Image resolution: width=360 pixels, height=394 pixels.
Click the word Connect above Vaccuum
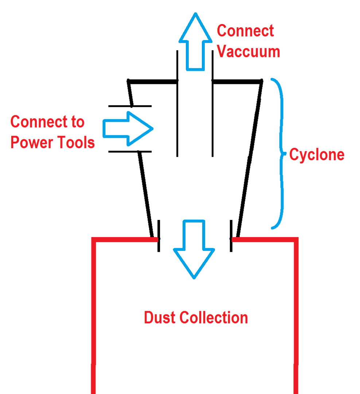pyautogui.click(x=245, y=31)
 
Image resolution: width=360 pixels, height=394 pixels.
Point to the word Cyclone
pyautogui.click(x=317, y=155)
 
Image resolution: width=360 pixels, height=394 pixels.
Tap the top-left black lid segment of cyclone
pyautogui.click(x=152, y=81)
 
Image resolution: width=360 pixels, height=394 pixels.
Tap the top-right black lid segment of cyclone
pyautogui.click(x=237, y=81)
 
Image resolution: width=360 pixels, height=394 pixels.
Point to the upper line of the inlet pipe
pyautogui.click(x=130, y=107)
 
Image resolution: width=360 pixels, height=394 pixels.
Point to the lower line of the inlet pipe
pyautogui.click(x=130, y=151)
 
